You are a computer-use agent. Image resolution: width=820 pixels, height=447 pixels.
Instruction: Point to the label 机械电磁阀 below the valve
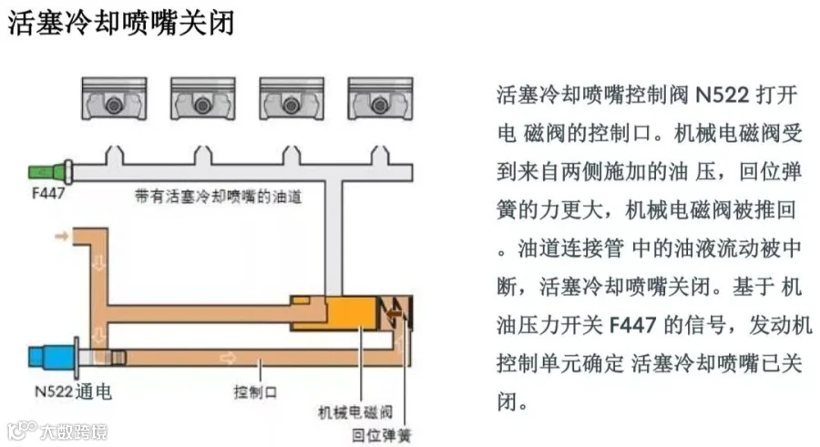click(354, 411)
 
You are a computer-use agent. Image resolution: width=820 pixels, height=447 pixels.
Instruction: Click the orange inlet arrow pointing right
click(61, 237)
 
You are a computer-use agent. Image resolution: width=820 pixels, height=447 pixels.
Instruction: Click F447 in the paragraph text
click(635, 325)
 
